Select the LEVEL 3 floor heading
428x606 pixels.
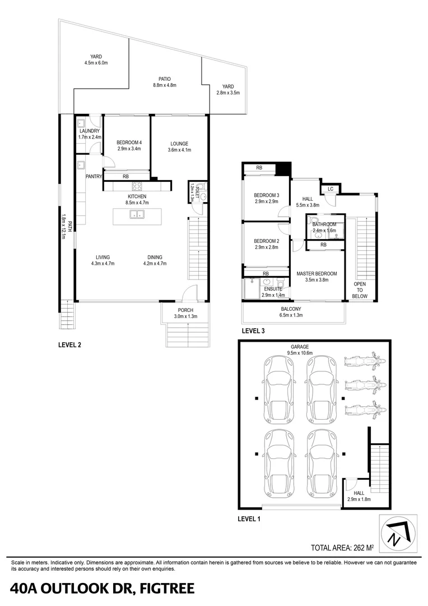click(253, 331)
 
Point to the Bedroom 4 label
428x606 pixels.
click(129, 146)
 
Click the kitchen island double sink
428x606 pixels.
click(136, 214)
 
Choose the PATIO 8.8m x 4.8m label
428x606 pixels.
click(165, 82)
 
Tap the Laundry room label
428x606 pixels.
click(89, 134)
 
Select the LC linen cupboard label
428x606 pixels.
click(331, 189)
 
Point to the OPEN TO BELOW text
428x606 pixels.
click(359, 290)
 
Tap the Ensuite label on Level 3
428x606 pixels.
click(273, 292)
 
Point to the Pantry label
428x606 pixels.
click(93, 176)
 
